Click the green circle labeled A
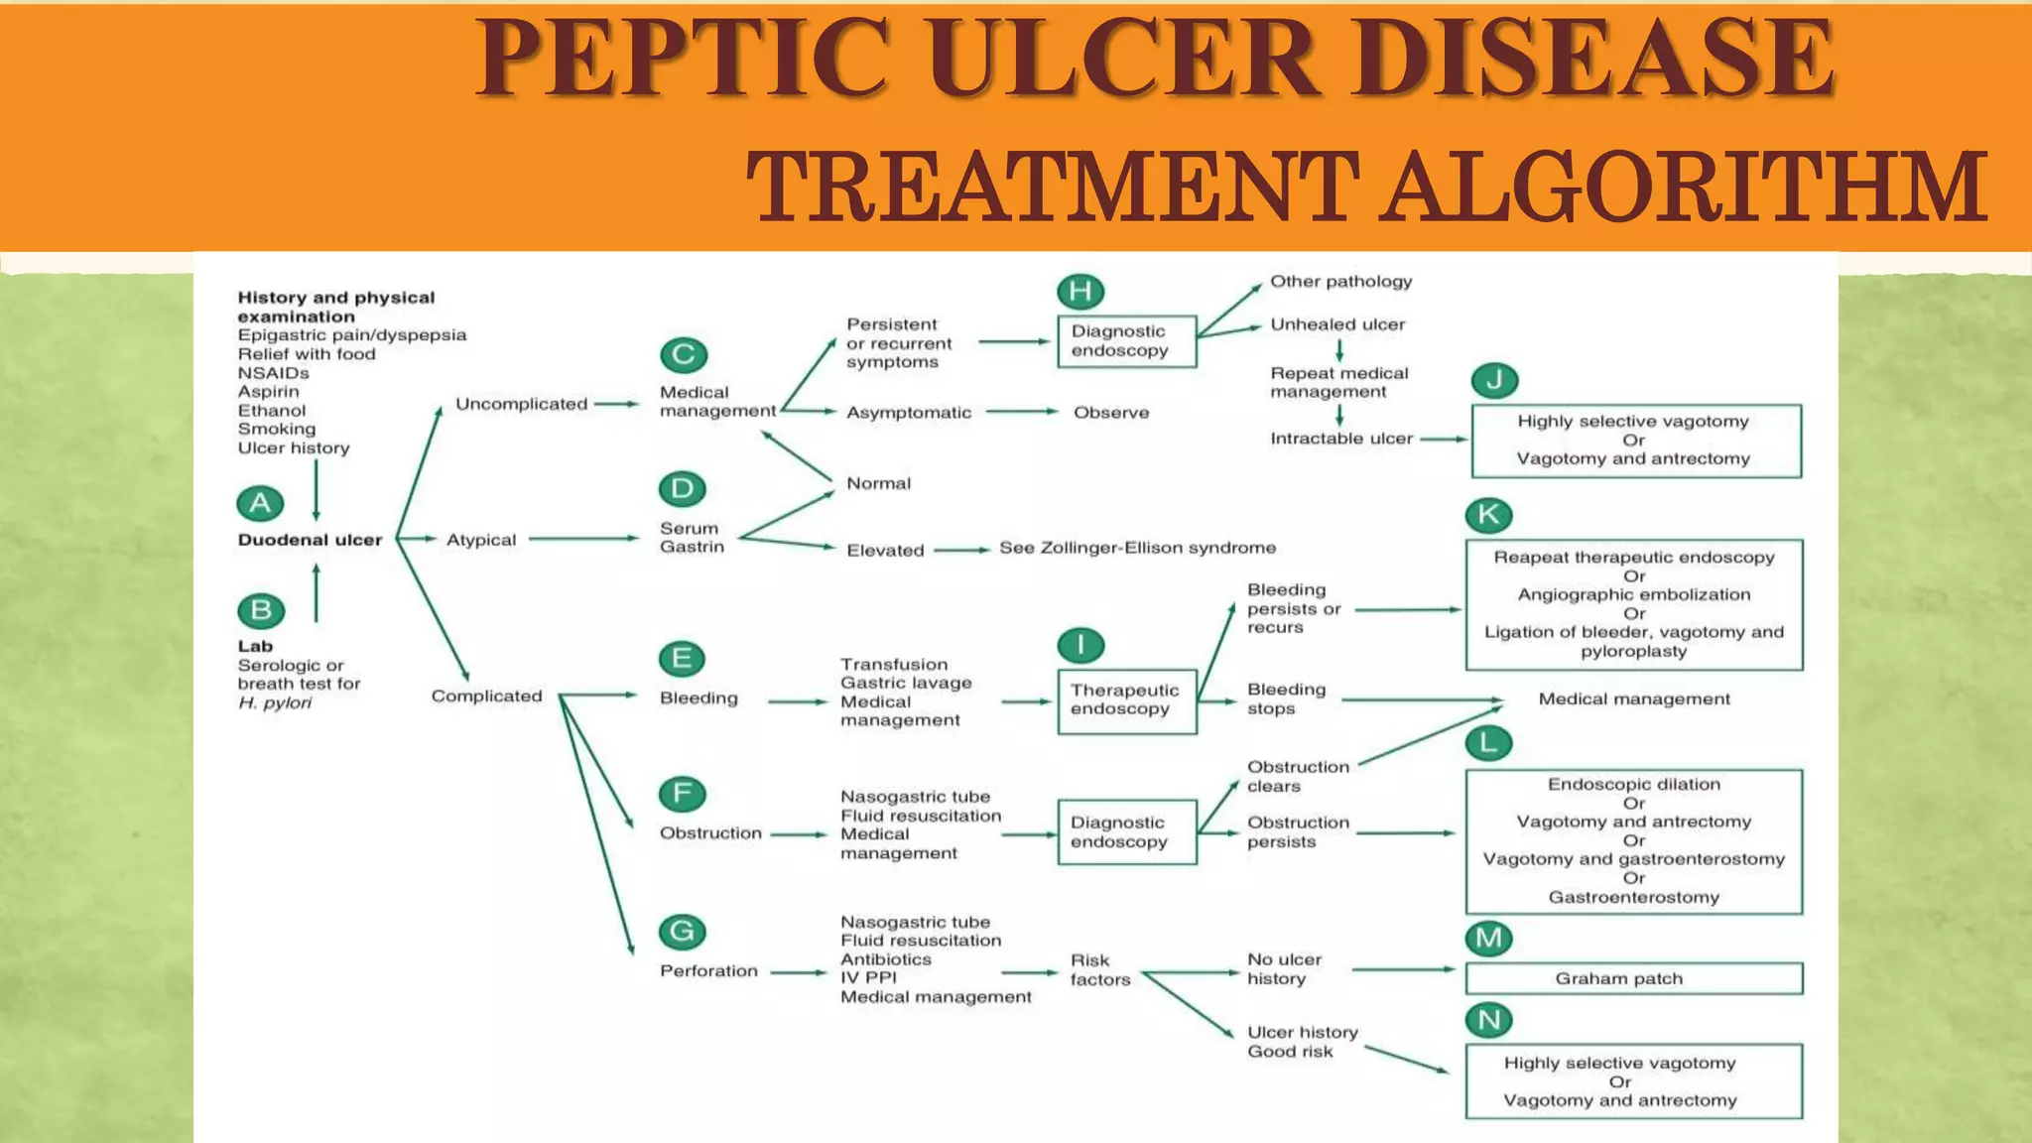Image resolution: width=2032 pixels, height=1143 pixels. click(x=260, y=503)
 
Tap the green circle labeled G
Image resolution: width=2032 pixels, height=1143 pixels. click(x=682, y=931)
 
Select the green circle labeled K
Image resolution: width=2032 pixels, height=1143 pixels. click(x=1488, y=514)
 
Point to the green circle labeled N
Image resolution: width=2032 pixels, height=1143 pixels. click(x=1488, y=1019)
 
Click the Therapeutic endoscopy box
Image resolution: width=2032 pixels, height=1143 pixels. click(x=1126, y=700)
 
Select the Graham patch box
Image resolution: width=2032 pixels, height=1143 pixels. click(x=1633, y=978)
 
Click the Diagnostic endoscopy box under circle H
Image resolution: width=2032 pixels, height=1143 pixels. click(x=1126, y=340)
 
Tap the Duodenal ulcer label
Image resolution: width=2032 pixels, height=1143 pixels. click(x=310, y=540)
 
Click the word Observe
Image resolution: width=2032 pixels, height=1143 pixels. click(x=1111, y=413)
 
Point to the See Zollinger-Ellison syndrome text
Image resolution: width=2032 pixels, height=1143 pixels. click(x=1137, y=548)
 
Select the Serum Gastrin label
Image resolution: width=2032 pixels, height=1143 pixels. click(x=692, y=538)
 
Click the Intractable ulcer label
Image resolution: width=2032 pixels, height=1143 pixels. click(x=1340, y=439)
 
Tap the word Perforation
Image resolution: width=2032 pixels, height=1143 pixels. click(x=708, y=971)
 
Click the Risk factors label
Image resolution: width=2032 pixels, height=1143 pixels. click(x=1099, y=969)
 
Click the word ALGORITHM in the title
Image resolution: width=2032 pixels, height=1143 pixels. click(x=1684, y=188)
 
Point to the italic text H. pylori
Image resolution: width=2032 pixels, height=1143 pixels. click(x=275, y=703)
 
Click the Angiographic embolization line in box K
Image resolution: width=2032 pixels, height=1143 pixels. click(x=1633, y=594)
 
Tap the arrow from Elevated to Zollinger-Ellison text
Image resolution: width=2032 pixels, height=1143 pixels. click(x=960, y=549)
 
